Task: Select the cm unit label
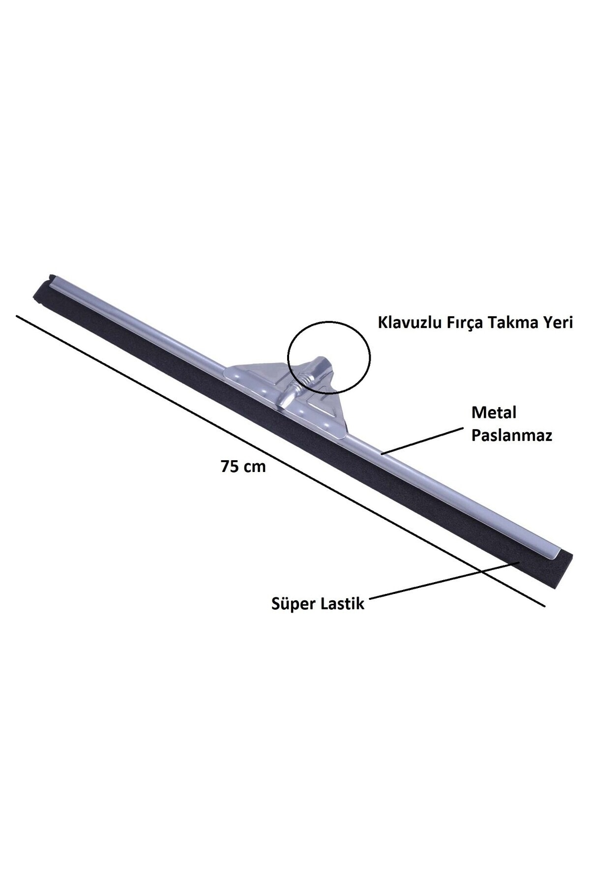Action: [x=255, y=468]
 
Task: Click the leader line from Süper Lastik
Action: [x=443, y=580]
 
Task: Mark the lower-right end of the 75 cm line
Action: [x=545, y=606]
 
